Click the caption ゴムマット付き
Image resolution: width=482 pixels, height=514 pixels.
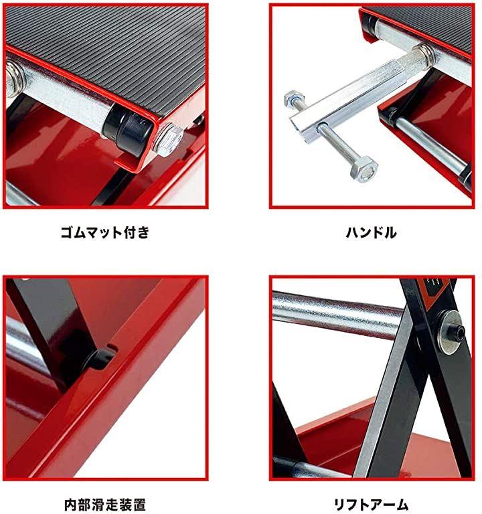[105, 232]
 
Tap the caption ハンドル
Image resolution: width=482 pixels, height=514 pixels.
[371, 232]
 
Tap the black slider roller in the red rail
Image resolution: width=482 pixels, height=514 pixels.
[100, 359]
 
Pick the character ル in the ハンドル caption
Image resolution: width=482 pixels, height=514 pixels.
[390, 233]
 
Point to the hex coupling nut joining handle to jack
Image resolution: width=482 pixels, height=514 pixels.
[420, 55]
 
